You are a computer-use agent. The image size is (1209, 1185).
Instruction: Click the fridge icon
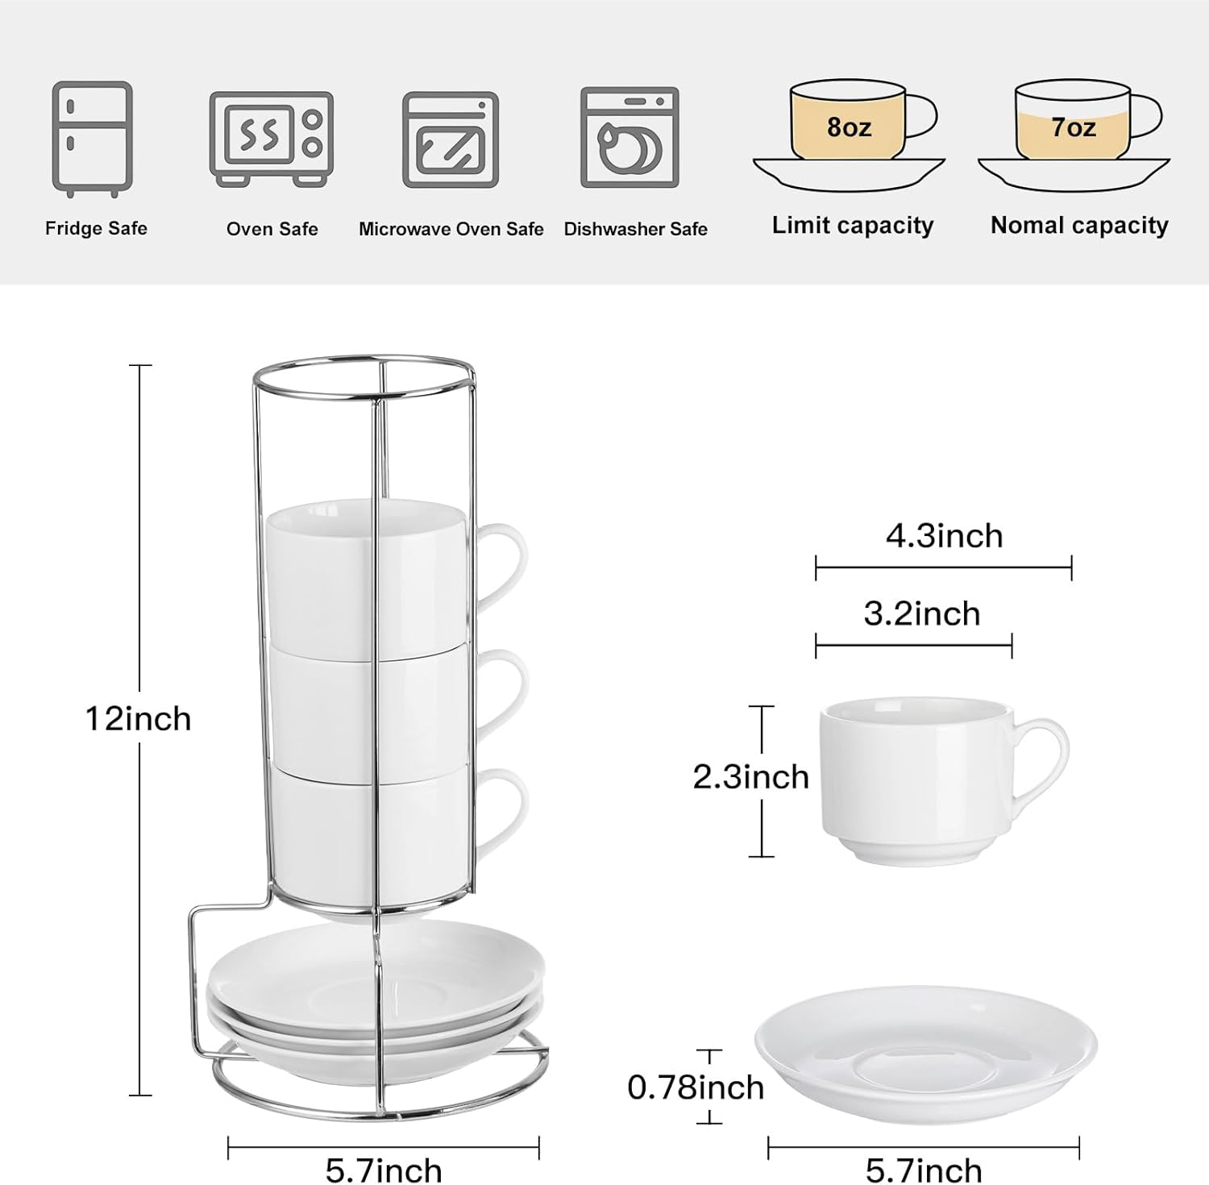[92, 139]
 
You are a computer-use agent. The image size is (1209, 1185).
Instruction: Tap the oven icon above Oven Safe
[271, 139]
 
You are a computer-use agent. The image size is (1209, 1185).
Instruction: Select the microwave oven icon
[450, 139]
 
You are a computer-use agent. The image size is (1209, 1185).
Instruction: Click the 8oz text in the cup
[849, 127]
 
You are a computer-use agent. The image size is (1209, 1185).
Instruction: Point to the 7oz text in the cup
[1073, 127]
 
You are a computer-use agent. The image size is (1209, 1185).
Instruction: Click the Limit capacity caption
[852, 226]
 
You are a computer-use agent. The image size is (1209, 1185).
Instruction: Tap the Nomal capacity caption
[1079, 226]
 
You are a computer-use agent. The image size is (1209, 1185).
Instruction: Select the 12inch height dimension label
[139, 718]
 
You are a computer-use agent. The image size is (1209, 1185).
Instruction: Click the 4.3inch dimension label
[944, 536]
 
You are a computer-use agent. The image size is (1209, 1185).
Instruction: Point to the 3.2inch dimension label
[922, 614]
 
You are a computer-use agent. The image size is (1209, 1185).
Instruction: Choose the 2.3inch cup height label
[750, 777]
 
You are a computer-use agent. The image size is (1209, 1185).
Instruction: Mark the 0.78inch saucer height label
[696, 1087]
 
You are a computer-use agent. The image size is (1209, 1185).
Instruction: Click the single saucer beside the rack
[926, 1048]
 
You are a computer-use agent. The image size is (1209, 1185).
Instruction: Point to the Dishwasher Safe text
[635, 229]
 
